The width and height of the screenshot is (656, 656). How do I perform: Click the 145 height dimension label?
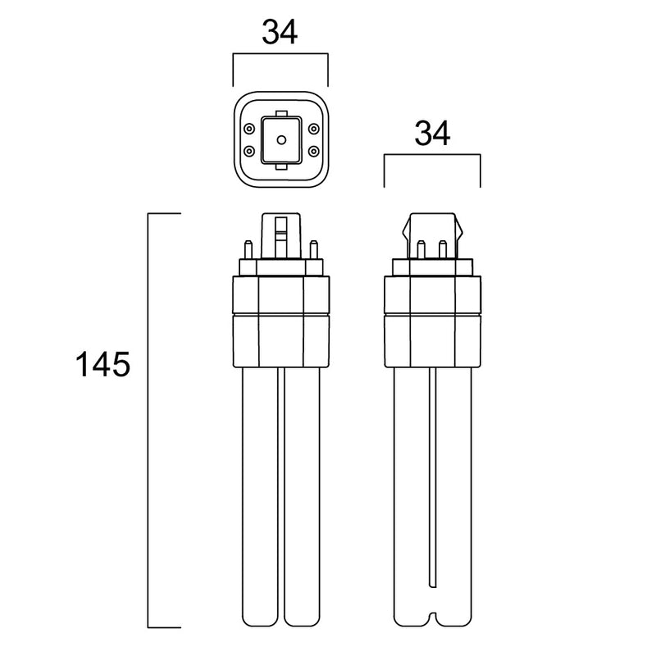pyautogui.click(x=102, y=365)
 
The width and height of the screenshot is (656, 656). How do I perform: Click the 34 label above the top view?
pyautogui.click(x=280, y=32)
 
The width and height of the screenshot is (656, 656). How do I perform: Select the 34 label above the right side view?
pyautogui.click(x=432, y=134)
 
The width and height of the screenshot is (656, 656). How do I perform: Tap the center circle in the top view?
pyautogui.click(x=281, y=139)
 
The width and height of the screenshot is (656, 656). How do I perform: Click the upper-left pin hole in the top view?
pyautogui.click(x=249, y=129)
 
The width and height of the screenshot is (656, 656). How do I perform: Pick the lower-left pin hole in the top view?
pyautogui.click(x=249, y=151)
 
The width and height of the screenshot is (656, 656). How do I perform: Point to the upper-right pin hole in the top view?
pyautogui.click(x=313, y=129)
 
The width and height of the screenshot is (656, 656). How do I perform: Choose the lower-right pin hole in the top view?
pyautogui.click(x=313, y=151)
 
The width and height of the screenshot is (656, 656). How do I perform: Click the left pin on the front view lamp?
pyautogui.click(x=248, y=250)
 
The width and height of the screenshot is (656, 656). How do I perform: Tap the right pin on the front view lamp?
pyautogui.click(x=313, y=250)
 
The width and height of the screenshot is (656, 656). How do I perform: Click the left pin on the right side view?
pyautogui.click(x=421, y=250)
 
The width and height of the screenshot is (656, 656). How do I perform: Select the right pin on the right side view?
pyautogui.click(x=443, y=250)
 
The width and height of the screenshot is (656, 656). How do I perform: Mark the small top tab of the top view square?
pyautogui.click(x=281, y=114)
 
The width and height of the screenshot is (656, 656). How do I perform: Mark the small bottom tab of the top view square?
pyautogui.click(x=281, y=167)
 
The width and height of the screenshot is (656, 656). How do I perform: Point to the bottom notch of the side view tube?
pyautogui.click(x=433, y=619)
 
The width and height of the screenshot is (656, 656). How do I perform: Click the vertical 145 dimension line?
pyautogui.click(x=148, y=421)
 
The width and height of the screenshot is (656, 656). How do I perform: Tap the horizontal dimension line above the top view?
pyautogui.click(x=280, y=53)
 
